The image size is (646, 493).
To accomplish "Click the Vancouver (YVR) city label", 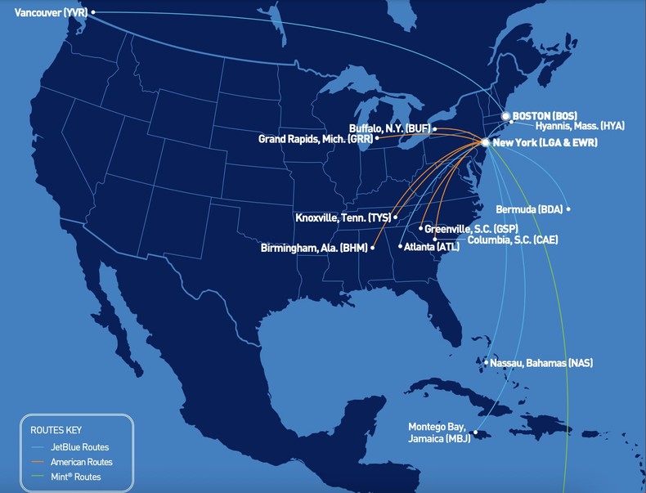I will pyautogui.click(x=50, y=12).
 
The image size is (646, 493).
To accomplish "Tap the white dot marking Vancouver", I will pyautogui.click(x=93, y=12).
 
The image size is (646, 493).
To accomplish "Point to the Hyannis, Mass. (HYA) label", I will pyautogui.click(x=580, y=126).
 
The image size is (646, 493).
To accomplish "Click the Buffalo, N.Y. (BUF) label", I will pyautogui.click(x=389, y=128).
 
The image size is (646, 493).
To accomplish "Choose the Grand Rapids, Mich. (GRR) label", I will pyautogui.click(x=315, y=139).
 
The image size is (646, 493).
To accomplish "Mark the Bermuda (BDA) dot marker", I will pyautogui.click(x=568, y=209).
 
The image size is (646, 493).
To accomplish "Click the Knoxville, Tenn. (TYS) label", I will pyautogui.click(x=343, y=217).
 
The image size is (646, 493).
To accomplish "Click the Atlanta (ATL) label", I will pyautogui.click(x=432, y=246).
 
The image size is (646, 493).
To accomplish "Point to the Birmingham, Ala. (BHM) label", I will pyautogui.click(x=313, y=247).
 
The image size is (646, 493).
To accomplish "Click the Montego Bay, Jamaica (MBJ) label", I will pyautogui.click(x=440, y=432).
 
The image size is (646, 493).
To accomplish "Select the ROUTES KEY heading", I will pyautogui.click(x=56, y=429).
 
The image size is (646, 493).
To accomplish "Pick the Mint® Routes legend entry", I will pyautogui.click(x=77, y=477).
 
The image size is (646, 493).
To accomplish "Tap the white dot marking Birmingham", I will pyautogui.click(x=373, y=247).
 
